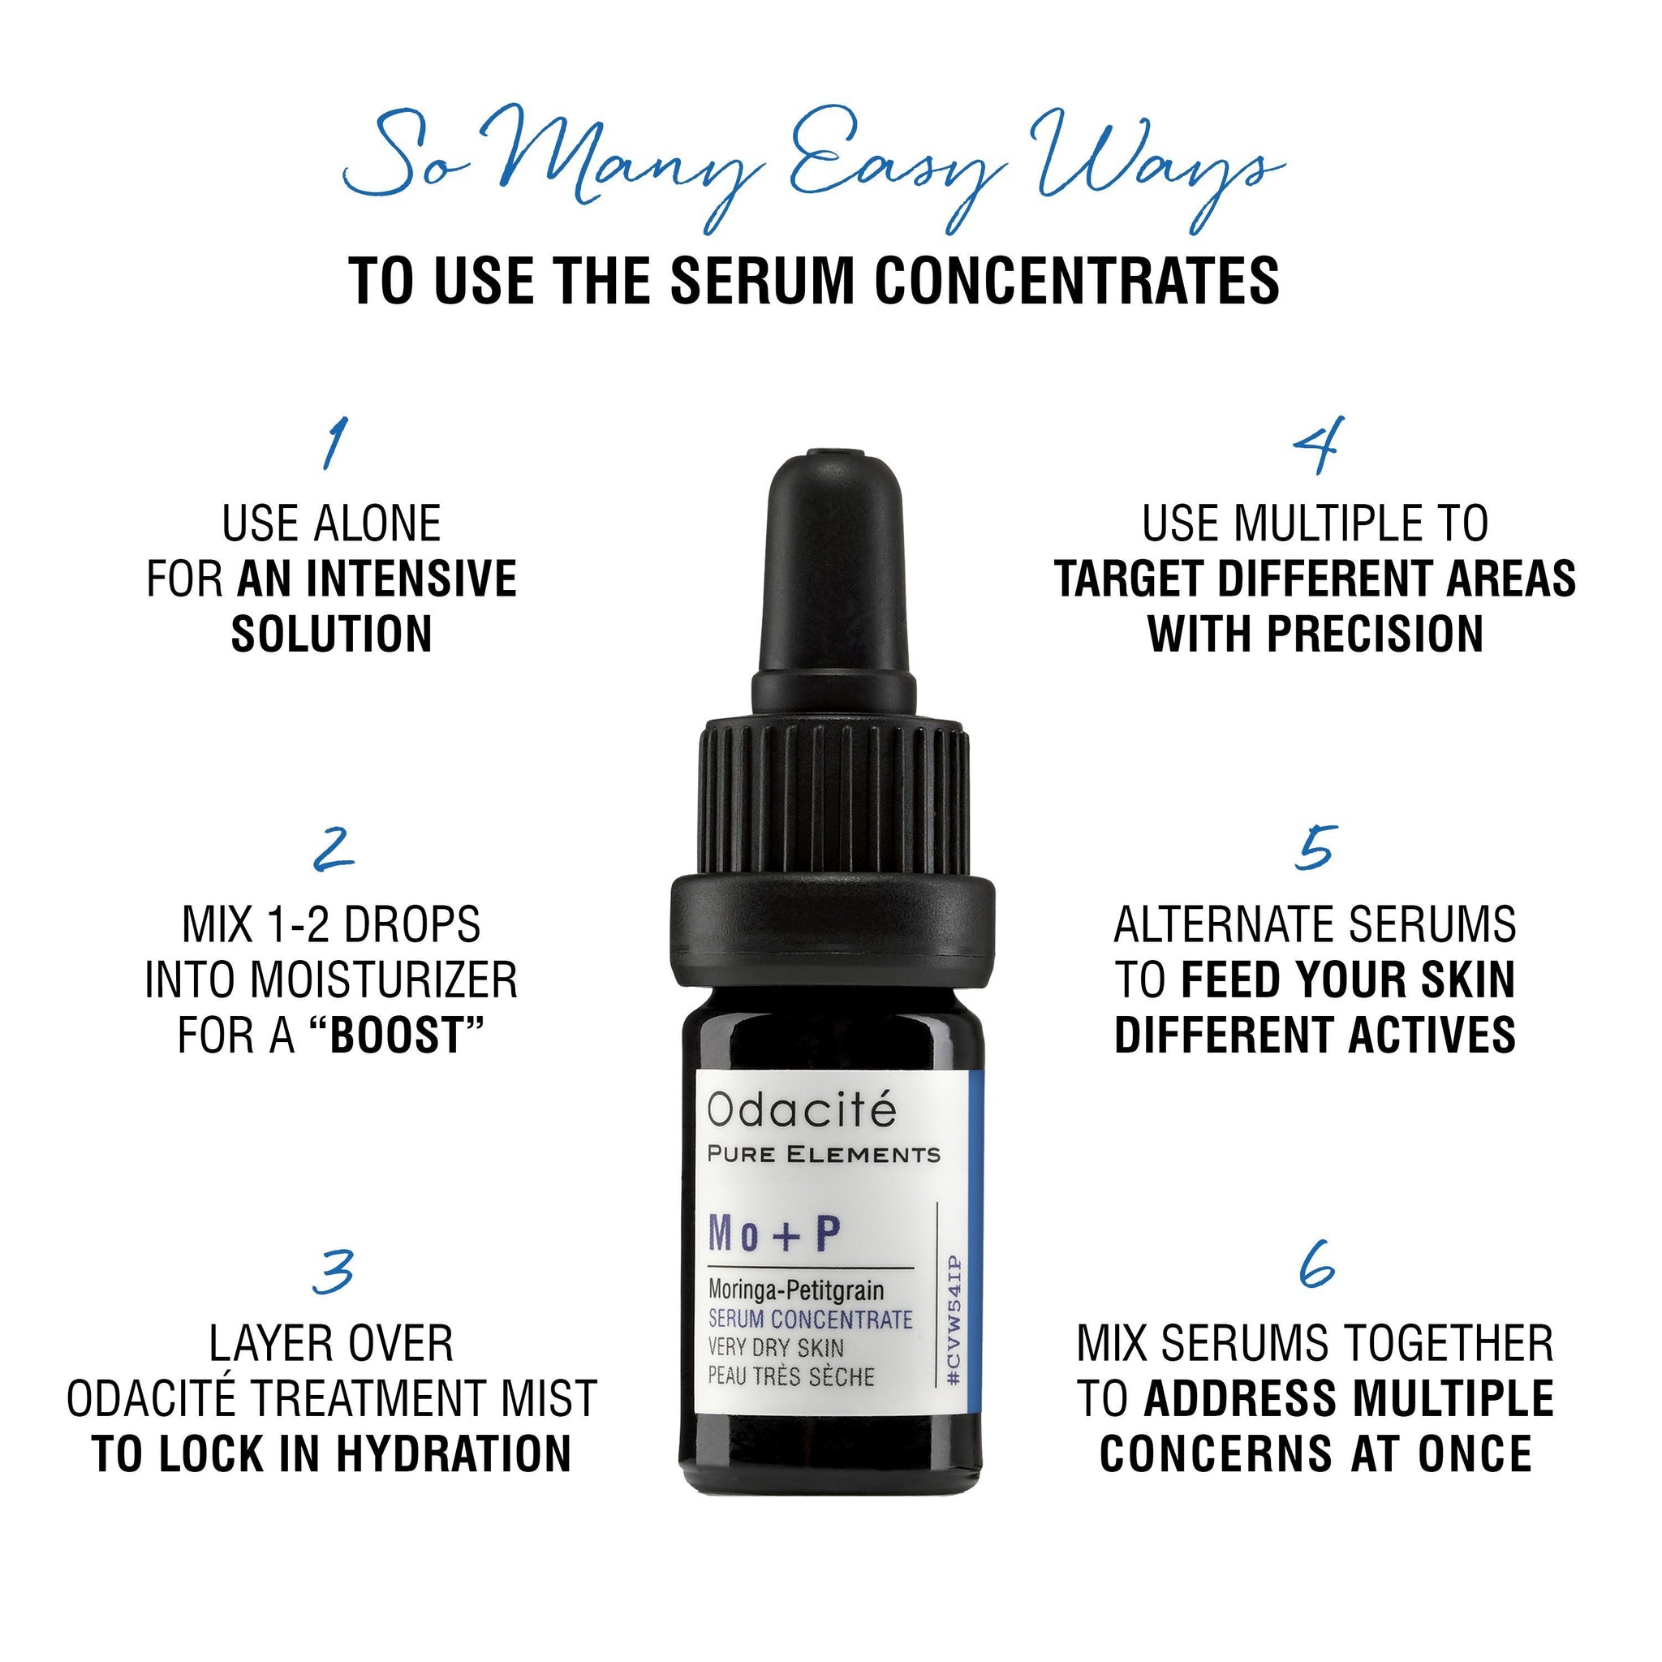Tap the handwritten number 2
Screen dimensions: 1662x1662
[x=334, y=848]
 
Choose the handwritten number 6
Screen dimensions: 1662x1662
[x=1317, y=1263]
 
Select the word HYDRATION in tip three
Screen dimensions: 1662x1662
[x=454, y=1453]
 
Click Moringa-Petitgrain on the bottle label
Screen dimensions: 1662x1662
[x=797, y=1290]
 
